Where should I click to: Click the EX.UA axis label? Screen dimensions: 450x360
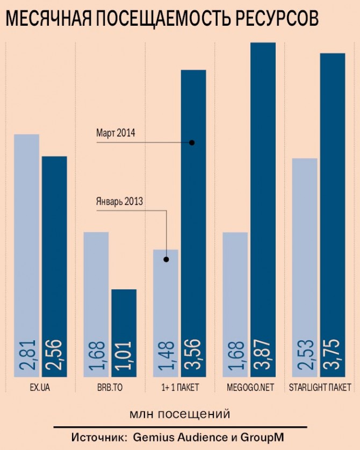coord(40,387)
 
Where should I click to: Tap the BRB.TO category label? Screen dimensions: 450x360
coord(110,387)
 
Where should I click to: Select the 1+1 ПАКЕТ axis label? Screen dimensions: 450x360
coord(179,387)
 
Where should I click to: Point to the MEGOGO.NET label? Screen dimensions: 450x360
coord(249,387)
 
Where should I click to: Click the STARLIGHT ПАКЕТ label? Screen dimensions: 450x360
coord(320,387)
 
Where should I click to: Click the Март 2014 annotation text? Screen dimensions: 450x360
coord(116,132)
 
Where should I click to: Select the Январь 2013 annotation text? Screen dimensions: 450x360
coord(119,202)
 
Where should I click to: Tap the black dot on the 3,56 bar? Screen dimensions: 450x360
coord(192,142)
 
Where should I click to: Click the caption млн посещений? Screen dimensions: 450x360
coord(179,414)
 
